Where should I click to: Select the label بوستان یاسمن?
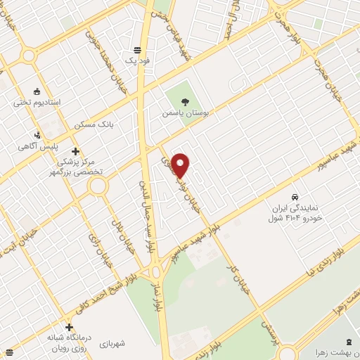pyautogui.click(x=176, y=112)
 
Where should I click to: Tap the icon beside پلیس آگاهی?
pyautogui.click(x=38, y=135)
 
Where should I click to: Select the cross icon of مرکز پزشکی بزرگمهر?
pyautogui.click(x=75, y=151)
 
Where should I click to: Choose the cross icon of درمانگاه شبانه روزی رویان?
pyautogui.click(x=69, y=327)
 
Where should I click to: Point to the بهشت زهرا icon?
pyautogui.click(x=349, y=341)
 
